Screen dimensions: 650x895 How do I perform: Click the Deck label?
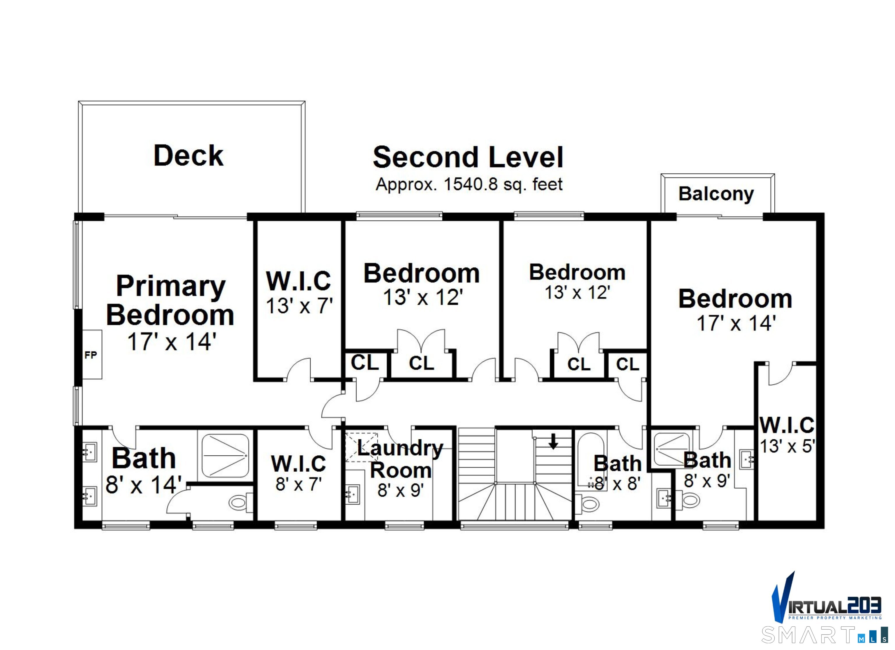pyautogui.click(x=188, y=156)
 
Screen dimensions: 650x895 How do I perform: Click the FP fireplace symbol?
pyautogui.click(x=91, y=355)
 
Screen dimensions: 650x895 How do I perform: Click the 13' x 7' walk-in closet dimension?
pyautogui.click(x=299, y=306)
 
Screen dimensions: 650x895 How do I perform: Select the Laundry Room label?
pyautogui.click(x=401, y=459)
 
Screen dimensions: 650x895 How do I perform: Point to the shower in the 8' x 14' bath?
pyautogui.click(x=225, y=456)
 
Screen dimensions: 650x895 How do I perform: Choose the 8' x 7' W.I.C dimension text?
pyautogui.click(x=298, y=484)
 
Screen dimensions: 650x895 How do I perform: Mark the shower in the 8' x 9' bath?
pyautogui.click(x=672, y=449)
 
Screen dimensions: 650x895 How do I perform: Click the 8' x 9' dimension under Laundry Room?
pyautogui.click(x=401, y=490)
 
